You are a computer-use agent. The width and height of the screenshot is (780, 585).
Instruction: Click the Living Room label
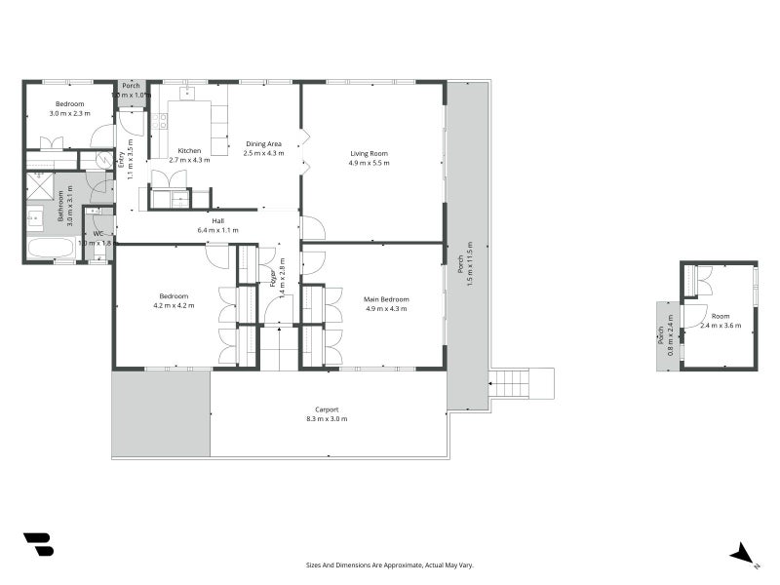point(369,158)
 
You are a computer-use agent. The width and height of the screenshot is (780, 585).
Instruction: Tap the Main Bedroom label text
point(386,303)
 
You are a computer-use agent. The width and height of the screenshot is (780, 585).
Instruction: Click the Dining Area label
point(263,148)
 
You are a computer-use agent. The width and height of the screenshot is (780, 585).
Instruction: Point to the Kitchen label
point(189,155)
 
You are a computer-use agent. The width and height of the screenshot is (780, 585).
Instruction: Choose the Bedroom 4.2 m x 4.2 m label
point(174,301)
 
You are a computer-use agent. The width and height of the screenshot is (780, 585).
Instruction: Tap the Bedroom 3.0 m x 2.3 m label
point(69,109)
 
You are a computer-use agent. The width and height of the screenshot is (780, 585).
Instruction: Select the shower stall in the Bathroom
point(40,187)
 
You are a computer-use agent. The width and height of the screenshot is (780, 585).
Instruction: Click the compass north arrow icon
point(743,554)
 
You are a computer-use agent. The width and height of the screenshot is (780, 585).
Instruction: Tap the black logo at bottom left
point(38,545)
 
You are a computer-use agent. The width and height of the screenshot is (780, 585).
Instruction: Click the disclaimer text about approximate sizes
point(389,565)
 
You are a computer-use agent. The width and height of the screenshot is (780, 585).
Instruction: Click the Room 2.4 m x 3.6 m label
point(720,321)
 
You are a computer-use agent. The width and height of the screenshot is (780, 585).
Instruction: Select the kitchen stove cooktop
point(160,122)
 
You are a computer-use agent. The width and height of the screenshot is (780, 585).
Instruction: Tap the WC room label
point(100,238)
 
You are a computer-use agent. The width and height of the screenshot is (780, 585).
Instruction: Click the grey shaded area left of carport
point(160,413)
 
